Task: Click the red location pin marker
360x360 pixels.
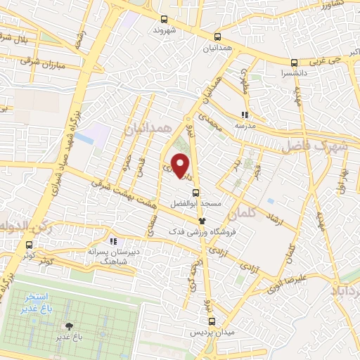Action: pos(181,166)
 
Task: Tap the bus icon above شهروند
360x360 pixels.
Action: pos(164,20)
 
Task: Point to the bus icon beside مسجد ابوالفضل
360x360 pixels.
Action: pos(195,193)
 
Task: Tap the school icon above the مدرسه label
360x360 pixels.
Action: pos(245,115)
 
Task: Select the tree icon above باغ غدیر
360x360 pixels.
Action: pos(68,326)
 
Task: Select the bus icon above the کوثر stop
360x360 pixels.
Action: pos(29,245)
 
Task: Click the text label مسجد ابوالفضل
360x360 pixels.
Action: pos(195,205)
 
